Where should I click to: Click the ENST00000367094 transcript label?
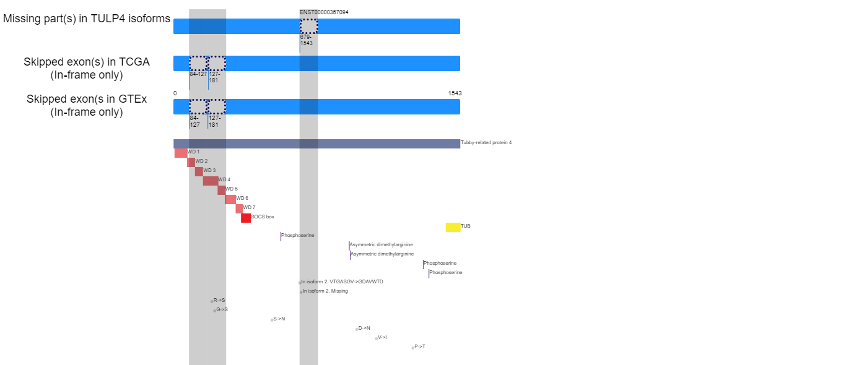click(x=324, y=12)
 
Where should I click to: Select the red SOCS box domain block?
click(x=246, y=218)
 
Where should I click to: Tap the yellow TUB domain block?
click(x=453, y=228)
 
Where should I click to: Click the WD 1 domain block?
click(x=181, y=153)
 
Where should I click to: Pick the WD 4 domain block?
click(x=211, y=181)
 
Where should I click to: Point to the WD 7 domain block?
click(x=239, y=209)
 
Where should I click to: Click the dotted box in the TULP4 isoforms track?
click(x=309, y=26)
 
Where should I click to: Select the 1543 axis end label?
click(x=455, y=93)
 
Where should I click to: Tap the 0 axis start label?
click(x=175, y=93)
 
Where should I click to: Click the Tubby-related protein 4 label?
click(x=486, y=143)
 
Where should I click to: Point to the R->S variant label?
click(x=219, y=300)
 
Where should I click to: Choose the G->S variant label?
click(x=222, y=309)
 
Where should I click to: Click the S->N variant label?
click(x=279, y=319)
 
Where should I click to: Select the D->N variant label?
click(x=364, y=328)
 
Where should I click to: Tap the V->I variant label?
click(x=382, y=337)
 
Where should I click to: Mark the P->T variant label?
click(x=420, y=346)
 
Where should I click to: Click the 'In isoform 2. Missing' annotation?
click(x=325, y=291)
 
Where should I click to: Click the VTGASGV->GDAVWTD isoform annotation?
click(x=342, y=281)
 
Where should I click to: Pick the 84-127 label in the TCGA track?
click(x=198, y=74)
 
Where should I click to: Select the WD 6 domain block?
click(x=230, y=199)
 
